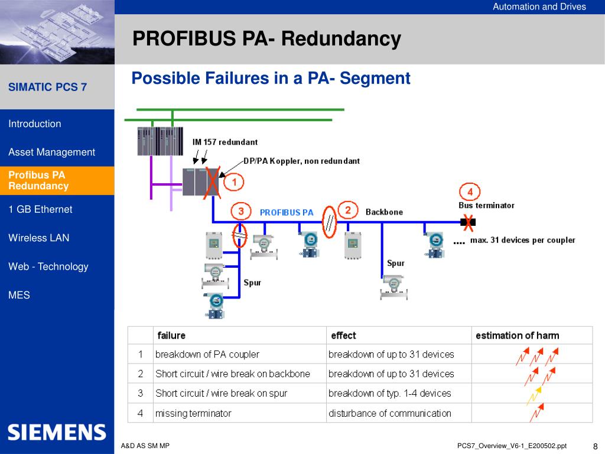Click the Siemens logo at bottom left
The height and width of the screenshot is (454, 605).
(57, 432)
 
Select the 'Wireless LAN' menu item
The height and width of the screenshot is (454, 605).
(38, 238)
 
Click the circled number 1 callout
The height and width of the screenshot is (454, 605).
(234, 183)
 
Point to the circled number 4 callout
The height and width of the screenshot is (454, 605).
(470, 192)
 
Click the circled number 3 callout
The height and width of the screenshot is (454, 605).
(240, 211)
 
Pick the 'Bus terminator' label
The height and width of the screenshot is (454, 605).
(486, 206)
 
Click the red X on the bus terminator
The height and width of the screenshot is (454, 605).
(468, 222)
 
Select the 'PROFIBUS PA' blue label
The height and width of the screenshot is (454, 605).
(287, 212)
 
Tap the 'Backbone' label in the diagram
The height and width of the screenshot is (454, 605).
(384, 212)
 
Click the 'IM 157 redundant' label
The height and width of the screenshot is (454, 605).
(225, 142)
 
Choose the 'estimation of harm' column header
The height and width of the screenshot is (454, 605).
(517, 335)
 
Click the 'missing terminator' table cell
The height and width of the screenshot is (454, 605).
(193, 413)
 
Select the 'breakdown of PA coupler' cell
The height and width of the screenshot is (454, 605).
(207, 355)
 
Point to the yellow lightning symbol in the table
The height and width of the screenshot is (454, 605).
(534, 394)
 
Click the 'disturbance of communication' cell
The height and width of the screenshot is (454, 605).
(389, 413)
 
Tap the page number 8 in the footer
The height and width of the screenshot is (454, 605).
(595, 446)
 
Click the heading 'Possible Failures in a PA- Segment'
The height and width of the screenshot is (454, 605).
(271, 78)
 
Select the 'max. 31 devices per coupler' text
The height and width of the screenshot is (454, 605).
(522, 240)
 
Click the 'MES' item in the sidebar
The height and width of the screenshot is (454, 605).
(19, 295)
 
